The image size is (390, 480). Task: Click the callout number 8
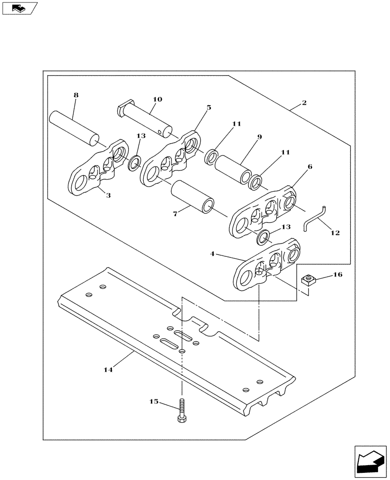tap(75, 95)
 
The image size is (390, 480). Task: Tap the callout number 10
tap(157, 99)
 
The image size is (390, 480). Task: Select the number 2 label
tap(305, 103)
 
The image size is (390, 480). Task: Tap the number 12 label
tap(335, 233)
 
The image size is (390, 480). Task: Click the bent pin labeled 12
tap(314, 216)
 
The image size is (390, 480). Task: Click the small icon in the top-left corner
tap(19, 8)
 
